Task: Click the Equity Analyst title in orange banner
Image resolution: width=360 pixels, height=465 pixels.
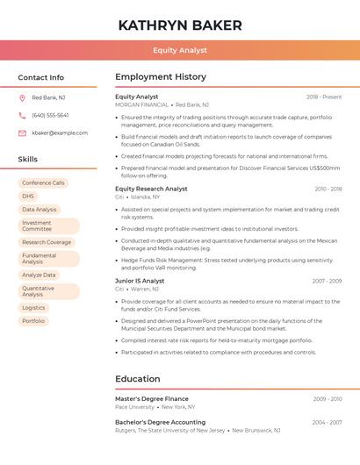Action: click(180, 50)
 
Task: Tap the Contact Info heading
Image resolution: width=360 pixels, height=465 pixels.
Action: click(41, 77)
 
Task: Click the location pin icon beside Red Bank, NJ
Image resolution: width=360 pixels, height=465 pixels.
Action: click(22, 97)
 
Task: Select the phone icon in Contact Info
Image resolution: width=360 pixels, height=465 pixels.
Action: click(22, 115)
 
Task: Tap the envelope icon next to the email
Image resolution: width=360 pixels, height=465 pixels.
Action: click(22, 132)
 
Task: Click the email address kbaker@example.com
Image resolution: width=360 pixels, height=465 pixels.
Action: click(60, 132)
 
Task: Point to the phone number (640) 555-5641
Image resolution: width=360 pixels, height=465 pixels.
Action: click(50, 115)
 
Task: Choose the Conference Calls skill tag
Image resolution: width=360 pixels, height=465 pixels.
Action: click(43, 183)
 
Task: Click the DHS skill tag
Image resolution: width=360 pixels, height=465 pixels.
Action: click(28, 197)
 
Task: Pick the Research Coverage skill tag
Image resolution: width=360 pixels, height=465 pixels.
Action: click(47, 242)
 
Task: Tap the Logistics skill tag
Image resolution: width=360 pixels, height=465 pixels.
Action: click(33, 308)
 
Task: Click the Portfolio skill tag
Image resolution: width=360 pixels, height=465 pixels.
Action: click(33, 321)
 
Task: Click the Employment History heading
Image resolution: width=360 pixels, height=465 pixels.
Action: click(161, 77)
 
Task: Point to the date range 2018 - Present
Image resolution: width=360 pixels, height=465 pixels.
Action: click(324, 97)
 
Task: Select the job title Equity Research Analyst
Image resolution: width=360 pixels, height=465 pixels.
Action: click(151, 189)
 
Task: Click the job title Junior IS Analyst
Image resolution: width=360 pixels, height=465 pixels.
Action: click(139, 281)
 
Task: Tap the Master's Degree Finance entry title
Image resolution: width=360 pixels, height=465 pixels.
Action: click(152, 399)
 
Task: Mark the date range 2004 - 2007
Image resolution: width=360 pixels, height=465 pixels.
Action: click(327, 422)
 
